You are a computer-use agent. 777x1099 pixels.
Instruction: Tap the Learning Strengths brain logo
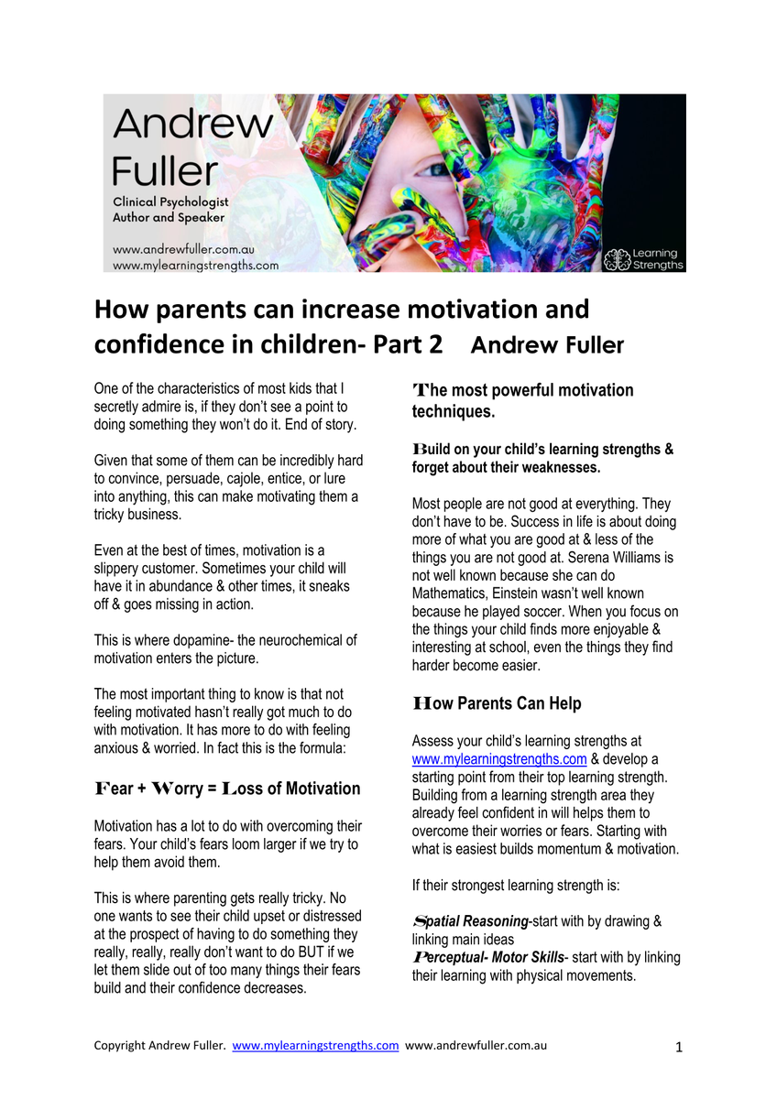pyautogui.click(x=618, y=258)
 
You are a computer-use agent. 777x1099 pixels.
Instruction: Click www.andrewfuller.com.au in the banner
pyautogui.click(x=183, y=249)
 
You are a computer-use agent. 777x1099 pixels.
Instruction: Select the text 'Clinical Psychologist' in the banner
pyautogui.click(x=170, y=201)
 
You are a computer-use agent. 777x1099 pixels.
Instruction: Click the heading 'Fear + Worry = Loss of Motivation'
pyautogui.click(x=227, y=789)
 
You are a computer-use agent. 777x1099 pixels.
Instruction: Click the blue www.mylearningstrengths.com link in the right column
pyautogui.click(x=499, y=759)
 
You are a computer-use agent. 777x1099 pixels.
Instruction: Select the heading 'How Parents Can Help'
pyautogui.click(x=497, y=703)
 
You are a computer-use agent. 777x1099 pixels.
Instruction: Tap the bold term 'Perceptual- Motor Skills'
pyautogui.click(x=488, y=957)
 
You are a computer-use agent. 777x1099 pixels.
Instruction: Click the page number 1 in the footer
pyautogui.click(x=679, y=1047)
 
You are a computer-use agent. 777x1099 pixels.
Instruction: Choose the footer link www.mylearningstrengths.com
pyautogui.click(x=315, y=1045)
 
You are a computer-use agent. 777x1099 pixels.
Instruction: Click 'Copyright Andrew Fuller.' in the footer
pyautogui.click(x=159, y=1045)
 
